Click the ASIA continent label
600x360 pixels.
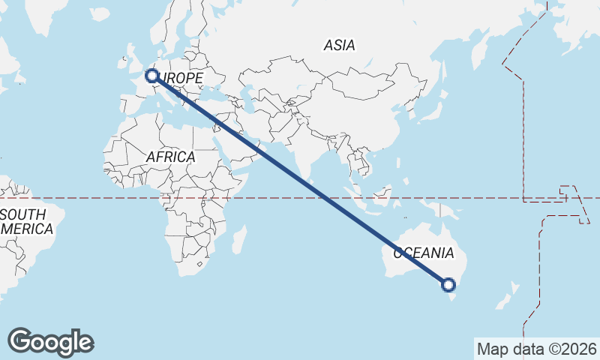click(339, 46)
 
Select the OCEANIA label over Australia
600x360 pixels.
click(424, 253)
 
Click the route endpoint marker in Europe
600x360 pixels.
click(151, 76)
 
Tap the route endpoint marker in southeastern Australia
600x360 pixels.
click(448, 284)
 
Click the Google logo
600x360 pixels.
click(50, 342)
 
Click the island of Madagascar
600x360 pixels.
click(239, 241)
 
